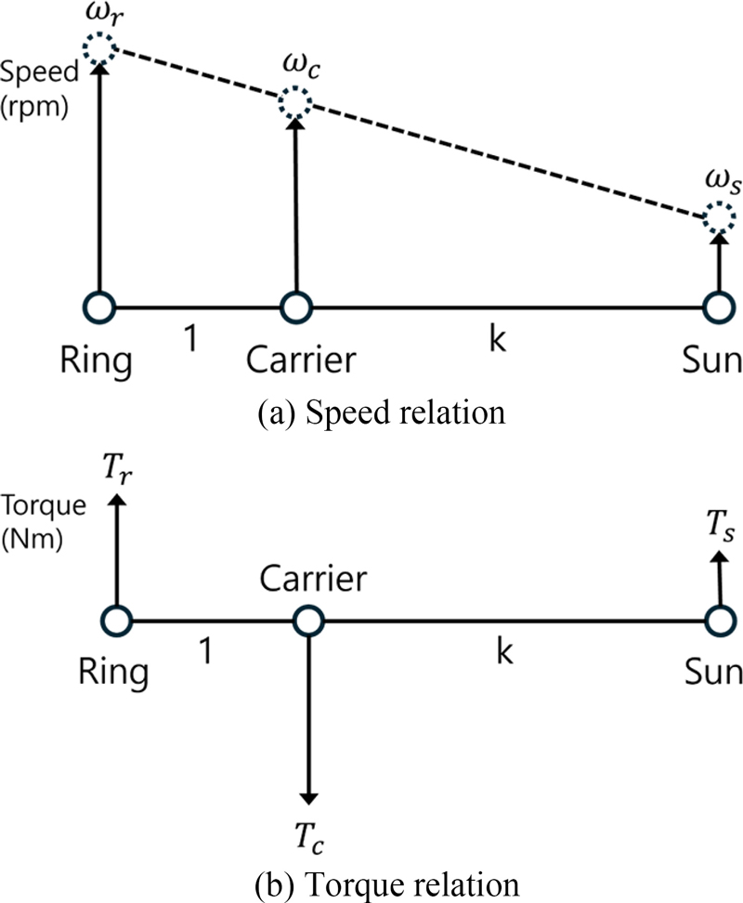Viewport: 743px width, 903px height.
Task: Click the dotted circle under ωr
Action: coord(98,47)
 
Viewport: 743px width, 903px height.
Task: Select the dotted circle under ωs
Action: coord(716,220)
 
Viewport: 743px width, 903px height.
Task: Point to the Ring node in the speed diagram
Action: coord(98,307)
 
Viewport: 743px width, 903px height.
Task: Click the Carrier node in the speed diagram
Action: coord(295,307)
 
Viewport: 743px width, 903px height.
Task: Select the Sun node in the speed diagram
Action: coord(716,307)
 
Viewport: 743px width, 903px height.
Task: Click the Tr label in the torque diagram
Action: coord(117,472)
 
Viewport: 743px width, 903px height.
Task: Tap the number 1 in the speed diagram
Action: coord(190,340)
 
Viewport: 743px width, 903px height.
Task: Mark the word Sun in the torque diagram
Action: coord(715,672)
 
